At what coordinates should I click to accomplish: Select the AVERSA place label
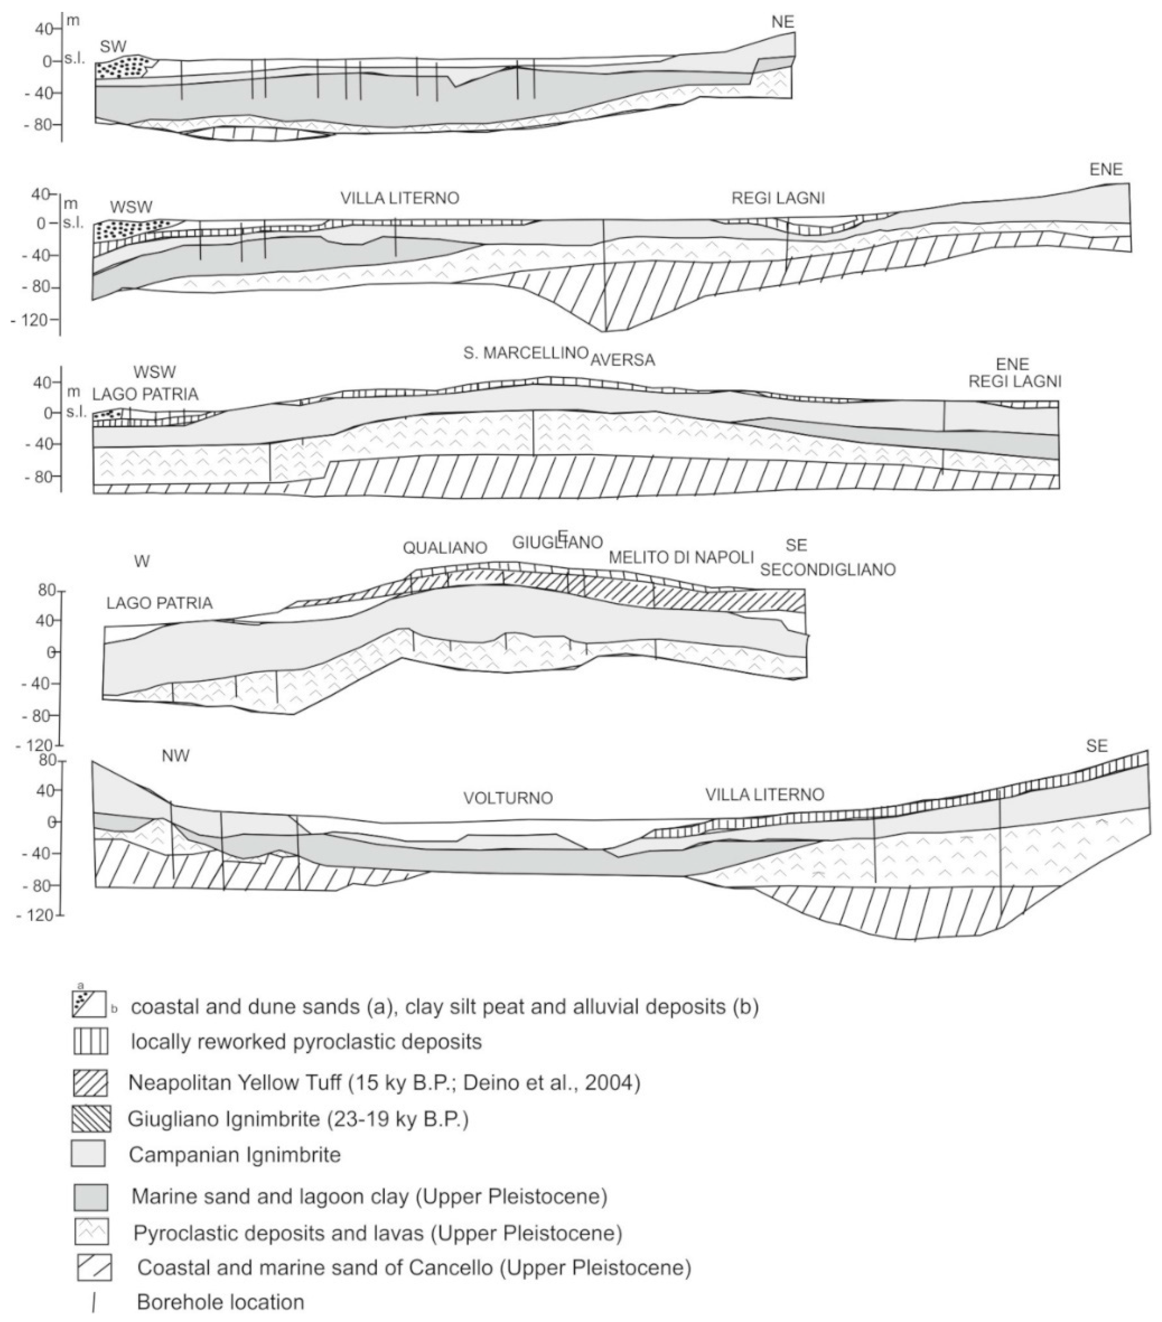[x=622, y=360]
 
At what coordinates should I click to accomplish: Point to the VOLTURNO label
[x=508, y=798]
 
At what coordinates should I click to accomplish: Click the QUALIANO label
[x=445, y=548]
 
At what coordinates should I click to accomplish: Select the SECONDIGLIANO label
[x=827, y=570]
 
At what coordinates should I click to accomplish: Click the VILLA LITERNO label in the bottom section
[x=764, y=794]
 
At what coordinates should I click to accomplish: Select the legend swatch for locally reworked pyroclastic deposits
[x=91, y=1042]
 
